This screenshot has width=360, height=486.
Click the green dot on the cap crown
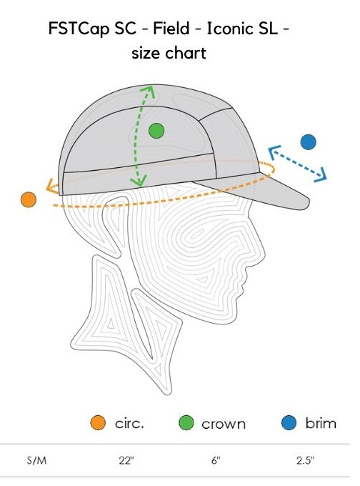point(156,131)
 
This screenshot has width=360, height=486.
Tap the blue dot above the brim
point(309,142)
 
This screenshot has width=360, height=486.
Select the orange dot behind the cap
point(29,199)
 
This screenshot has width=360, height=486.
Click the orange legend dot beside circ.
point(98,422)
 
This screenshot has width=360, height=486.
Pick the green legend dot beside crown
point(186,423)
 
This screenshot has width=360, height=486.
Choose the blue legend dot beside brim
point(289,422)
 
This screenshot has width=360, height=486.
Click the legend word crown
point(224,424)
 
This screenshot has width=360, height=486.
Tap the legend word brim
point(321,423)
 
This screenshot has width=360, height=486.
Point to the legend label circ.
point(129,423)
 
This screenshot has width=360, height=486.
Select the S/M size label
point(36,460)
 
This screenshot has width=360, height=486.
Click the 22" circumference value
point(126,460)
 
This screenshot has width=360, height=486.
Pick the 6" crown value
point(216,460)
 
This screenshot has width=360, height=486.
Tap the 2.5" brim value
point(305,460)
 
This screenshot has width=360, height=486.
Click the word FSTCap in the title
point(79,29)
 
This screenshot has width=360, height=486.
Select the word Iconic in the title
point(229,29)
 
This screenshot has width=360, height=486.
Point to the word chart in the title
point(186,53)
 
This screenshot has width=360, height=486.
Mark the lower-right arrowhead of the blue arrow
point(322,175)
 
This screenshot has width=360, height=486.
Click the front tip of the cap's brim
point(309,202)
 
